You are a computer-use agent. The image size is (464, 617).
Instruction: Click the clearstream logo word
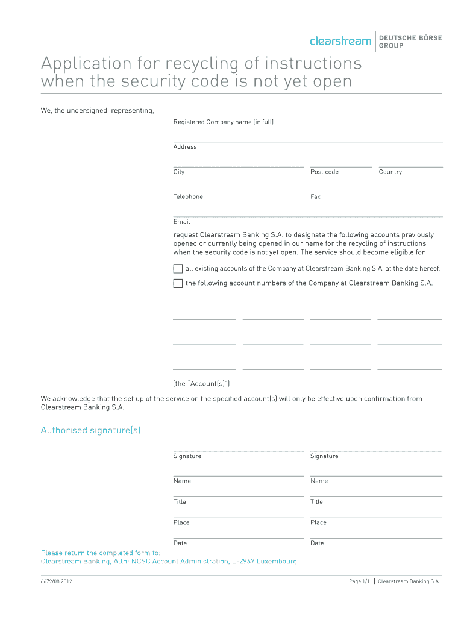[x=340, y=41]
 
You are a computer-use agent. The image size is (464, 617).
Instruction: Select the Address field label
[x=185, y=147]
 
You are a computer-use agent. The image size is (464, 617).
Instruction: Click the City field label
[x=179, y=172]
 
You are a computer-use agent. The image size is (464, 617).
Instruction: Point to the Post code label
[x=324, y=172]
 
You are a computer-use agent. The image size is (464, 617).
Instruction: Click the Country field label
[x=390, y=172]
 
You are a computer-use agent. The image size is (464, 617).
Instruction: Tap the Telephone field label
[x=188, y=197]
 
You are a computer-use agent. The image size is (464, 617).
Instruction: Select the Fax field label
[x=315, y=197]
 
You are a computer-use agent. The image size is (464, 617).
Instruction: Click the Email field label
[x=181, y=222]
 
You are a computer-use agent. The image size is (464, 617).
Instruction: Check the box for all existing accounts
[x=178, y=269]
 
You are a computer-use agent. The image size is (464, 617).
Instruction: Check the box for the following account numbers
[x=178, y=283]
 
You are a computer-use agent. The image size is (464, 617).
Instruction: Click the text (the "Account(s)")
[x=201, y=384]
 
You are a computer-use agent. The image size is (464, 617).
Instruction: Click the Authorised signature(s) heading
[x=90, y=430]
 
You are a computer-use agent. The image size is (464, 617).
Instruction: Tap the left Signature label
[x=187, y=456]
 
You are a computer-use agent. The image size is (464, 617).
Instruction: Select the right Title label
[x=316, y=502]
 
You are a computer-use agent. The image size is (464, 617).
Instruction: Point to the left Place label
[x=181, y=522]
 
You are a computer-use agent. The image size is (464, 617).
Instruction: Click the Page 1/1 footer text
[x=359, y=581]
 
